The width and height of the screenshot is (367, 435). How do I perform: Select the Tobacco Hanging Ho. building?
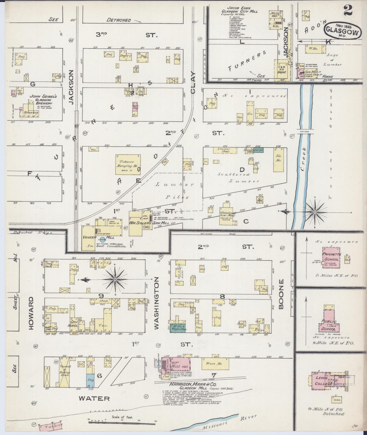tap(128, 164)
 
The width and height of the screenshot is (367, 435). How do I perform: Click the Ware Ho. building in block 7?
tap(215, 364)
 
